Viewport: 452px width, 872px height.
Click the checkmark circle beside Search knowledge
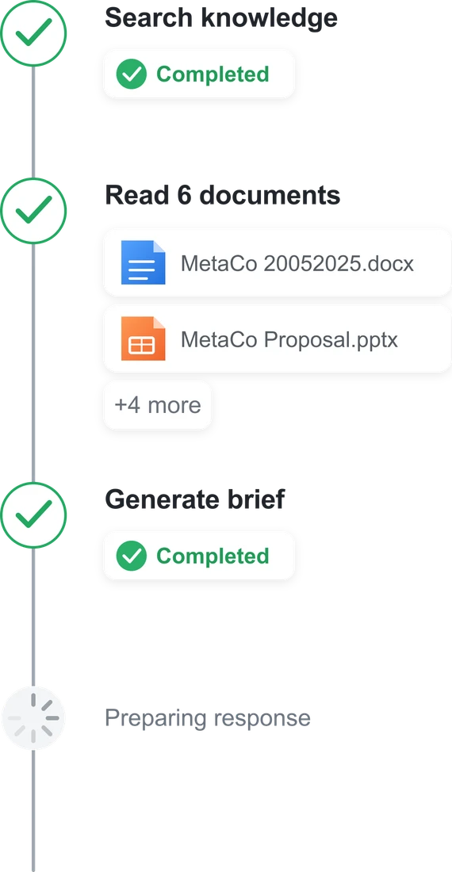[33, 33]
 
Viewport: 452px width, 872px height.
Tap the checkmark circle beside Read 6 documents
[33, 211]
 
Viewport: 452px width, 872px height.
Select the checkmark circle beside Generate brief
[33, 515]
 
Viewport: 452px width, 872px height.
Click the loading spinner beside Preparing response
[33, 718]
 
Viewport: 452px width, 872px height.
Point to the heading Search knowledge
[220, 18]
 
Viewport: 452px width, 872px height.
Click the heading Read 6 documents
[222, 195]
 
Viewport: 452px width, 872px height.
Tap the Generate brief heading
[194, 499]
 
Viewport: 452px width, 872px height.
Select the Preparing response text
[208, 718]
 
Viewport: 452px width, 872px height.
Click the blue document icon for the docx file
[144, 262]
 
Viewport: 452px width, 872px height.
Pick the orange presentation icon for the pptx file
[144, 338]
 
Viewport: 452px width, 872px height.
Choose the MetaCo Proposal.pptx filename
[289, 339]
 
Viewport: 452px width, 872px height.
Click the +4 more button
[157, 405]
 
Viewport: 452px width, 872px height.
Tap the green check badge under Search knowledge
[131, 75]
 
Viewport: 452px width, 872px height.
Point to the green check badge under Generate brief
[131, 556]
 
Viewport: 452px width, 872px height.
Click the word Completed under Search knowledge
[213, 75]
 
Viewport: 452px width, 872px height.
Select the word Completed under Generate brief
[213, 556]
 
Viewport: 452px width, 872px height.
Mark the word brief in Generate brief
[256, 499]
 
